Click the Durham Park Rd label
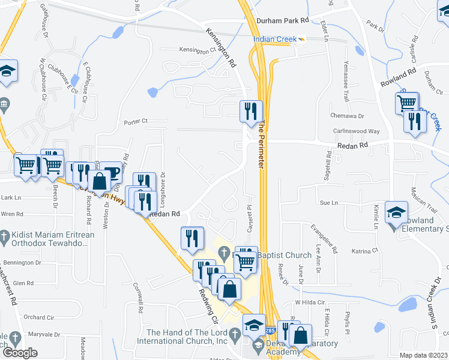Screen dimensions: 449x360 click(282, 20)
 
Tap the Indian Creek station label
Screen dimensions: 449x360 click(275, 39)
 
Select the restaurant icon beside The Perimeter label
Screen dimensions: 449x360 click(251, 112)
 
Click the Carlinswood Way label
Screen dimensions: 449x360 click(357, 131)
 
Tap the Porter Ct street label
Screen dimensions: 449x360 click(136, 122)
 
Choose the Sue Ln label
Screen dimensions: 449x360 click(325, 203)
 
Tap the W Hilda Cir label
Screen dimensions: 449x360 click(309, 302)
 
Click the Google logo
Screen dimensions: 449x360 click(19, 353)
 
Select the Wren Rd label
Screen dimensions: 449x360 click(12, 214)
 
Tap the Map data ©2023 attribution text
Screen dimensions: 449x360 click(424, 355)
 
